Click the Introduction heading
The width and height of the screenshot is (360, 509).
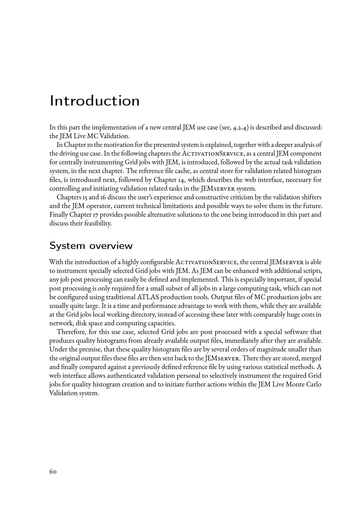tap(95, 100)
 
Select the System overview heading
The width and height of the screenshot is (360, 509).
tap(91, 246)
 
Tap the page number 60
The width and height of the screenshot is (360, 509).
tap(53, 471)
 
